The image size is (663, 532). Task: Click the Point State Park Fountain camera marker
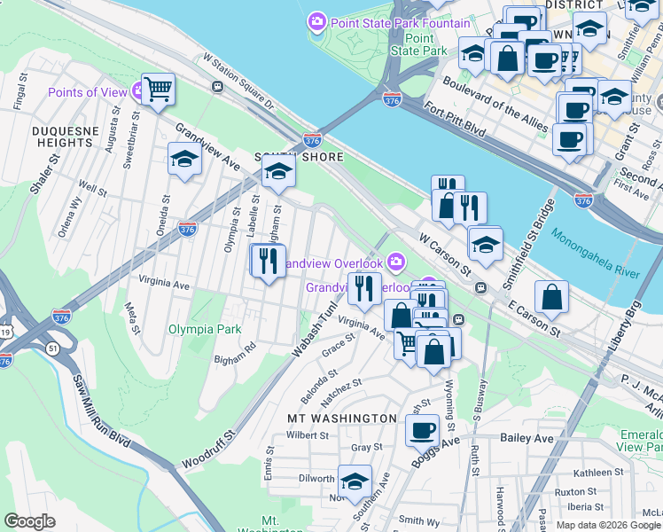coord(316,20)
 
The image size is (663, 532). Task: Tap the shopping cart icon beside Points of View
coord(158,90)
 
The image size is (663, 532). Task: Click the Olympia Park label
coord(204,329)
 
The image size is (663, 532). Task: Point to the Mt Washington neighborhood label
coord(341,418)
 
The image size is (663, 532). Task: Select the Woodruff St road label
coord(209,450)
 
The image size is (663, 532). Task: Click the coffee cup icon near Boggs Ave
coord(422,431)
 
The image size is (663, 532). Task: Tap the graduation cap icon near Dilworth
coord(355,481)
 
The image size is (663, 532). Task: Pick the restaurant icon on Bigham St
coord(267,262)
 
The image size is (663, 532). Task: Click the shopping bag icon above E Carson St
coord(551,299)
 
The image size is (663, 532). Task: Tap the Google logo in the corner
coord(29,521)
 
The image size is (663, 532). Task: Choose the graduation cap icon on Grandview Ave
coord(183,160)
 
